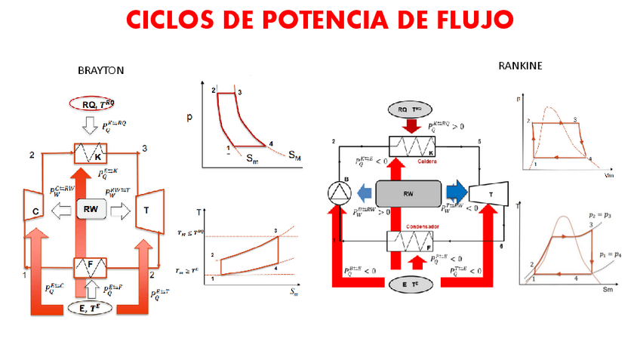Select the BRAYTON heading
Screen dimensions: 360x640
coord(100,70)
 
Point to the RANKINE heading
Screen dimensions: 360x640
coord(520,66)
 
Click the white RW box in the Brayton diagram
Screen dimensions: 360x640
coord(91,209)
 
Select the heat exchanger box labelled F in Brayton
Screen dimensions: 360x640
coord(91,266)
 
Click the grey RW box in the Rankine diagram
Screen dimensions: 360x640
coord(408,192)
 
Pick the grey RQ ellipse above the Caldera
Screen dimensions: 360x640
coord(408,110)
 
